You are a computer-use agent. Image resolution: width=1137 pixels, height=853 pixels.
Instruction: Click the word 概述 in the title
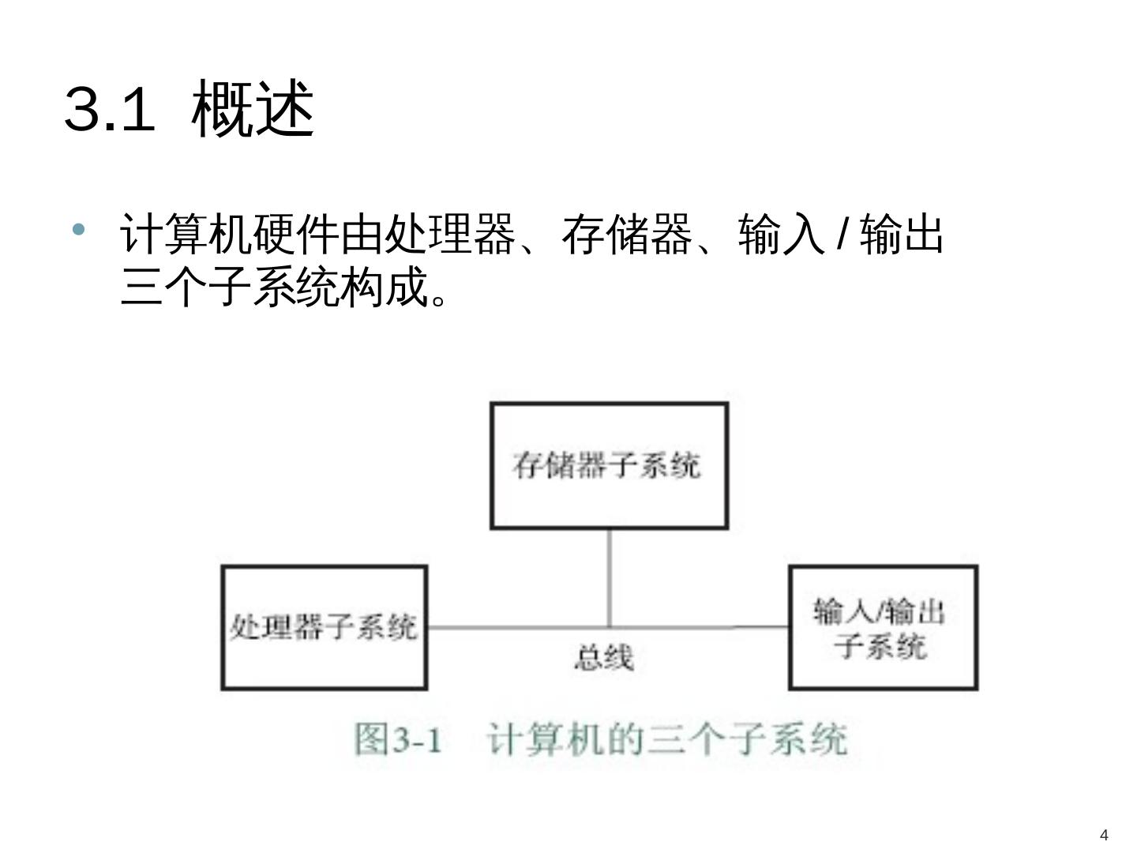253,109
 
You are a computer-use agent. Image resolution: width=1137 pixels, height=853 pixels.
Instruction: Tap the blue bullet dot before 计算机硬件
77,230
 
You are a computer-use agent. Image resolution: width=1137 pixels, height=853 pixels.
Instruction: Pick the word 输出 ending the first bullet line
902,235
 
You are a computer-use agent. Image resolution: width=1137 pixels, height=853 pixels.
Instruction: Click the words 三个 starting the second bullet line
164,286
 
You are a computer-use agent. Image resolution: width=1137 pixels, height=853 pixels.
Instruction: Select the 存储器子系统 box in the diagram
609,465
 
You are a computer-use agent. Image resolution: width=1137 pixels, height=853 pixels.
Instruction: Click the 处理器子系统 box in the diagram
324,627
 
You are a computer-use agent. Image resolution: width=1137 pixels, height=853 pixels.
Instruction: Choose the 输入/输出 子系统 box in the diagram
883,627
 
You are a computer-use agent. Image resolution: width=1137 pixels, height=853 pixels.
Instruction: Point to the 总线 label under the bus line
603,657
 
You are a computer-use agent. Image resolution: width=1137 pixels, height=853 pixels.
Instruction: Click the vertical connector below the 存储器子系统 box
609,577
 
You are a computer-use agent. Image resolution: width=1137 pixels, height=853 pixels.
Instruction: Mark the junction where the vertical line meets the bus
609,628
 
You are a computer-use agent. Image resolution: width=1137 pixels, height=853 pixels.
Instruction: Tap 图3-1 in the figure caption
397,740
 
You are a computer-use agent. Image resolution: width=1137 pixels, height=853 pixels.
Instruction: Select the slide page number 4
1104,835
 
